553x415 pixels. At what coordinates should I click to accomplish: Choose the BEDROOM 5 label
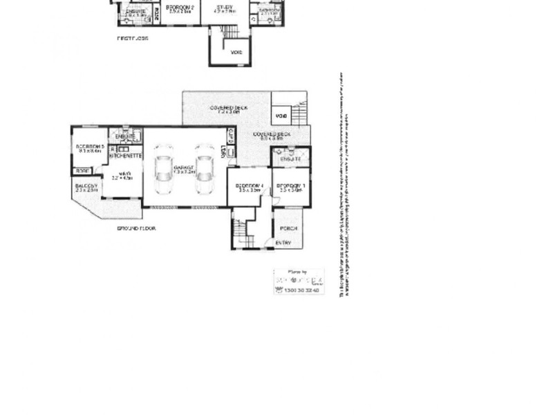(x=89, y=147)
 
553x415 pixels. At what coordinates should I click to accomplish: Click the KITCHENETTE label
(x=126, y=156)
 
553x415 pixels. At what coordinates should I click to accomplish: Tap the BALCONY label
(x=86, y=187)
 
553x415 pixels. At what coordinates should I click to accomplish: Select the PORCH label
(x=288, y=228)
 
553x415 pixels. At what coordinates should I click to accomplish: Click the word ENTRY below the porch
(x=283, y=243)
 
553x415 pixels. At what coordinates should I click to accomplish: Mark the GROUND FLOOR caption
(x=135, y=228)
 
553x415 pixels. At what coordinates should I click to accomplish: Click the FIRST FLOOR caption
(x=132, y=39)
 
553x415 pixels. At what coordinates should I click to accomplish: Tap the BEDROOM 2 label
(x=179, y=8)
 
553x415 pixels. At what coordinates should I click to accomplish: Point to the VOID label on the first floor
(x=236, y=52)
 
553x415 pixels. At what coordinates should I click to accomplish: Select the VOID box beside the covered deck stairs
(x=281, y=116)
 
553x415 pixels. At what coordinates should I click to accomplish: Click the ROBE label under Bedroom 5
(x=82, y=170)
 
